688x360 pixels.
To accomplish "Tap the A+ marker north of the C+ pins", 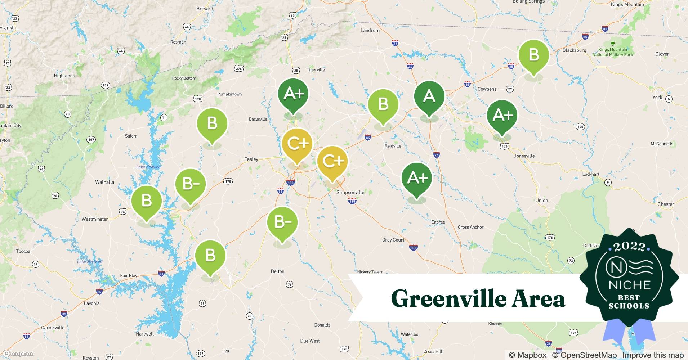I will [x=293, y=94].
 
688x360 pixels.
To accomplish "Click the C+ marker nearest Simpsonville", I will [x=332, y=161].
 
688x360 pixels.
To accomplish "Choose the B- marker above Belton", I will [x=282, y=222].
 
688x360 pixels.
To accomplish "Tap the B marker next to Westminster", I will [x=146, y=201].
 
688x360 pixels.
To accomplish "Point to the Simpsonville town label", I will [x=350, y=192].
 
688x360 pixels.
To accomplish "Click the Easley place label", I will [x=251, y=159].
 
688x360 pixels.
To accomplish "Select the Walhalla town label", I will [x=104, y=182].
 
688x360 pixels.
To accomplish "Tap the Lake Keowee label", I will [x=148, y=167].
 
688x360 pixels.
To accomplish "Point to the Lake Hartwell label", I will [x=90, y=261].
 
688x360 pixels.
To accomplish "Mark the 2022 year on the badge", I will [x=629, y=247].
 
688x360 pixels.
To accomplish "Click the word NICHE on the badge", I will [x=629, y=285].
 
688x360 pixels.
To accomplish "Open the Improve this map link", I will [x=653, y=355].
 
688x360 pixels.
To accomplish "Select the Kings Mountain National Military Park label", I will [x=612, y=52].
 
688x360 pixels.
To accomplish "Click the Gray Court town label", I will [x=393, y=240].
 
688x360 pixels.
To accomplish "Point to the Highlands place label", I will [x=64, y=76].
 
